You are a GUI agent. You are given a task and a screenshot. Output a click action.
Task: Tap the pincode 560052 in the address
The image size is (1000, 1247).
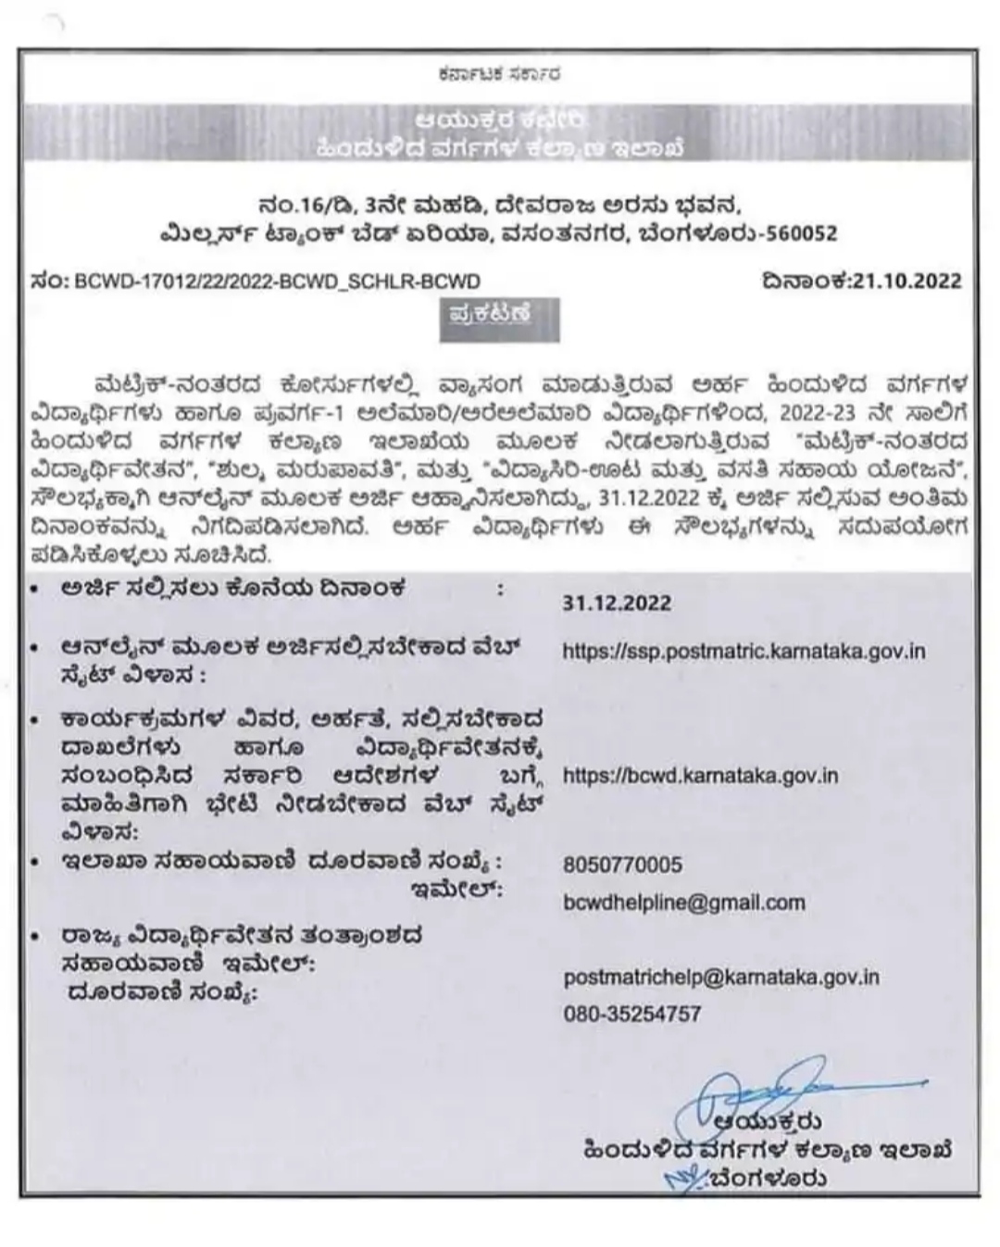click(x=798, y=233)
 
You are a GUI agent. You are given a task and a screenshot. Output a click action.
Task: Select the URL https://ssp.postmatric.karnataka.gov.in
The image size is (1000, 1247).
click(x=744, y=651)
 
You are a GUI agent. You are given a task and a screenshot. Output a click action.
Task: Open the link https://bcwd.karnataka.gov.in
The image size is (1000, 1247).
click(x=700, y=775)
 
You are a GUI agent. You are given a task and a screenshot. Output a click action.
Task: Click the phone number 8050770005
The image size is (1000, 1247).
click(x=622, y=865)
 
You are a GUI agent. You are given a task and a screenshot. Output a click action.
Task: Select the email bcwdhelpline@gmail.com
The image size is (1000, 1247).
click(x=684, y=902)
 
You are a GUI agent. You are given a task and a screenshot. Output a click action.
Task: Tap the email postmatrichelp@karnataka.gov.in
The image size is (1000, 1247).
click(x=721, y=977)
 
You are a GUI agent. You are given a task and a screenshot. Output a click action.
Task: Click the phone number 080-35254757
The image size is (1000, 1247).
click(x=632, y=1014)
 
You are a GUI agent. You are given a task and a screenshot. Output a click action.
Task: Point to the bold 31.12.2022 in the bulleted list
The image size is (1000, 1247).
click(x=617, y=604)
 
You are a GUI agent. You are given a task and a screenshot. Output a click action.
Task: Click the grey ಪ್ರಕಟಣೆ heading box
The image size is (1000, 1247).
click(x=499, y=317)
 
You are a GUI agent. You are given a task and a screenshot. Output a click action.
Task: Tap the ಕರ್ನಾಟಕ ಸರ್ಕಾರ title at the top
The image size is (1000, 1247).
click(x=500, y=73)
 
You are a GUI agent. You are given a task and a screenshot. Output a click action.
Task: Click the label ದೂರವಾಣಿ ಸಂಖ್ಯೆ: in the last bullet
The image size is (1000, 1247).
click(x=165, y=994)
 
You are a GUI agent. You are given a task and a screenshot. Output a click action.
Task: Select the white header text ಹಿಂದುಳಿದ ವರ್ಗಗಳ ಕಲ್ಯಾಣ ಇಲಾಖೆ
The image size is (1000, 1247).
click(x=500, y=147)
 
